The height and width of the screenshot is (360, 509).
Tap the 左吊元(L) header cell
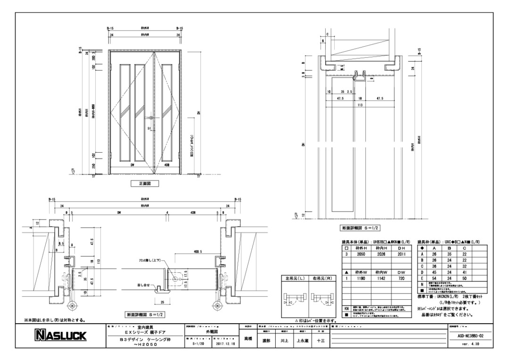[x=291, y=279]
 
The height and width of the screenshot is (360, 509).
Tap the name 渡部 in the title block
[x=265, y=340]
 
